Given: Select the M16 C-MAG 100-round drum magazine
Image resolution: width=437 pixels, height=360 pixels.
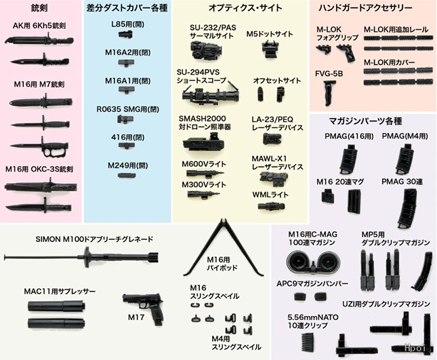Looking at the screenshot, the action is [310, 261].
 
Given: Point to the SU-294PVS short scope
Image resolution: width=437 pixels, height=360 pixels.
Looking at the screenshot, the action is [211, 94].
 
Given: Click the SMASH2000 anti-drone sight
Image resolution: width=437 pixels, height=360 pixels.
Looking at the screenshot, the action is [204, 142].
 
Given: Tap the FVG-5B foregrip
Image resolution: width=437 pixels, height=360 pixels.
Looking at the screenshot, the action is [329, 93].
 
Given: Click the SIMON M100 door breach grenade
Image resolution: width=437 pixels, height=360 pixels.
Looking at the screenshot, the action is [81, 257].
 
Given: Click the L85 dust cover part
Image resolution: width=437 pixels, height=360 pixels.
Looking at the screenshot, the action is [125, 35].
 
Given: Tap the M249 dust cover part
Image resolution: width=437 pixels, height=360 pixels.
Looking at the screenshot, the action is [127, 176].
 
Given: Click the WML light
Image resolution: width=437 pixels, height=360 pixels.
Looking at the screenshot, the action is [271, 207].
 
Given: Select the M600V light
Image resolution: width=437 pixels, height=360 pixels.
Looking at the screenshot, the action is [205, 174].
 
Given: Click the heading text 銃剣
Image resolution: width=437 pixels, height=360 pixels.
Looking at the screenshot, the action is [39, 8].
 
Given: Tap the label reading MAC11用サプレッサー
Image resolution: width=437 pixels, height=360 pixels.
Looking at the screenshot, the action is [60, 292].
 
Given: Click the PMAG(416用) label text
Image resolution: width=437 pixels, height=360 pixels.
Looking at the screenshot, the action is [349, 136].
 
